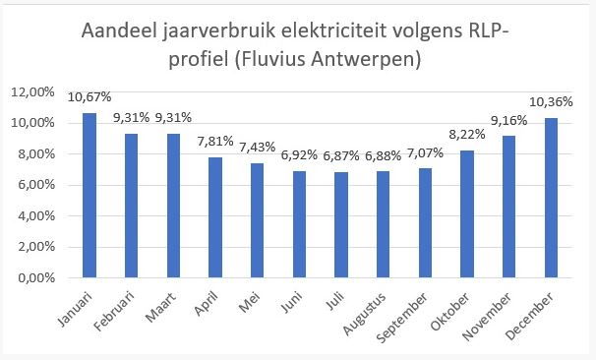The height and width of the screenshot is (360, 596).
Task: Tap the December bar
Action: coord(551,198)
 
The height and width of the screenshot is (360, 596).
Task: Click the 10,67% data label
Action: coord(89,96)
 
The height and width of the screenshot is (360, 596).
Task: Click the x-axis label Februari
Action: coord(123,307)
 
